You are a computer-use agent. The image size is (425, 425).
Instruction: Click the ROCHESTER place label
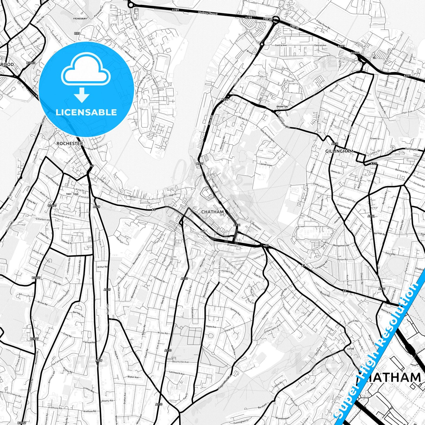[x=70, y=144]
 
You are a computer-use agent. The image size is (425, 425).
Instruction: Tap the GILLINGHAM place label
[x=339, y=151]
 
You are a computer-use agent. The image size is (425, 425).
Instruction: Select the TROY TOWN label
[x=73, y=194]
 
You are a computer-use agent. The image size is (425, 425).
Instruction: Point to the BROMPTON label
[x=282, y=106]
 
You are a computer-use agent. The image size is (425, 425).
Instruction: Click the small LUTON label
[x=350, y=349]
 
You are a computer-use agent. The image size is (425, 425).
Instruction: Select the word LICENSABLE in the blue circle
[x=86, y=112]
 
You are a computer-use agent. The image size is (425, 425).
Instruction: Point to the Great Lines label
[x=266, y=165]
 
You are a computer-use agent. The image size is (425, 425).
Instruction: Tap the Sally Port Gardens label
[x=267, y=135]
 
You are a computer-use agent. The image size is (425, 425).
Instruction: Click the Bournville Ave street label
[x=180, y=362]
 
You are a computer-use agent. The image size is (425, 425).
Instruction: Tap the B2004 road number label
[x=355, y=53]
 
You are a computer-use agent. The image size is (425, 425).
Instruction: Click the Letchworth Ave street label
[x=176, y=374]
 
